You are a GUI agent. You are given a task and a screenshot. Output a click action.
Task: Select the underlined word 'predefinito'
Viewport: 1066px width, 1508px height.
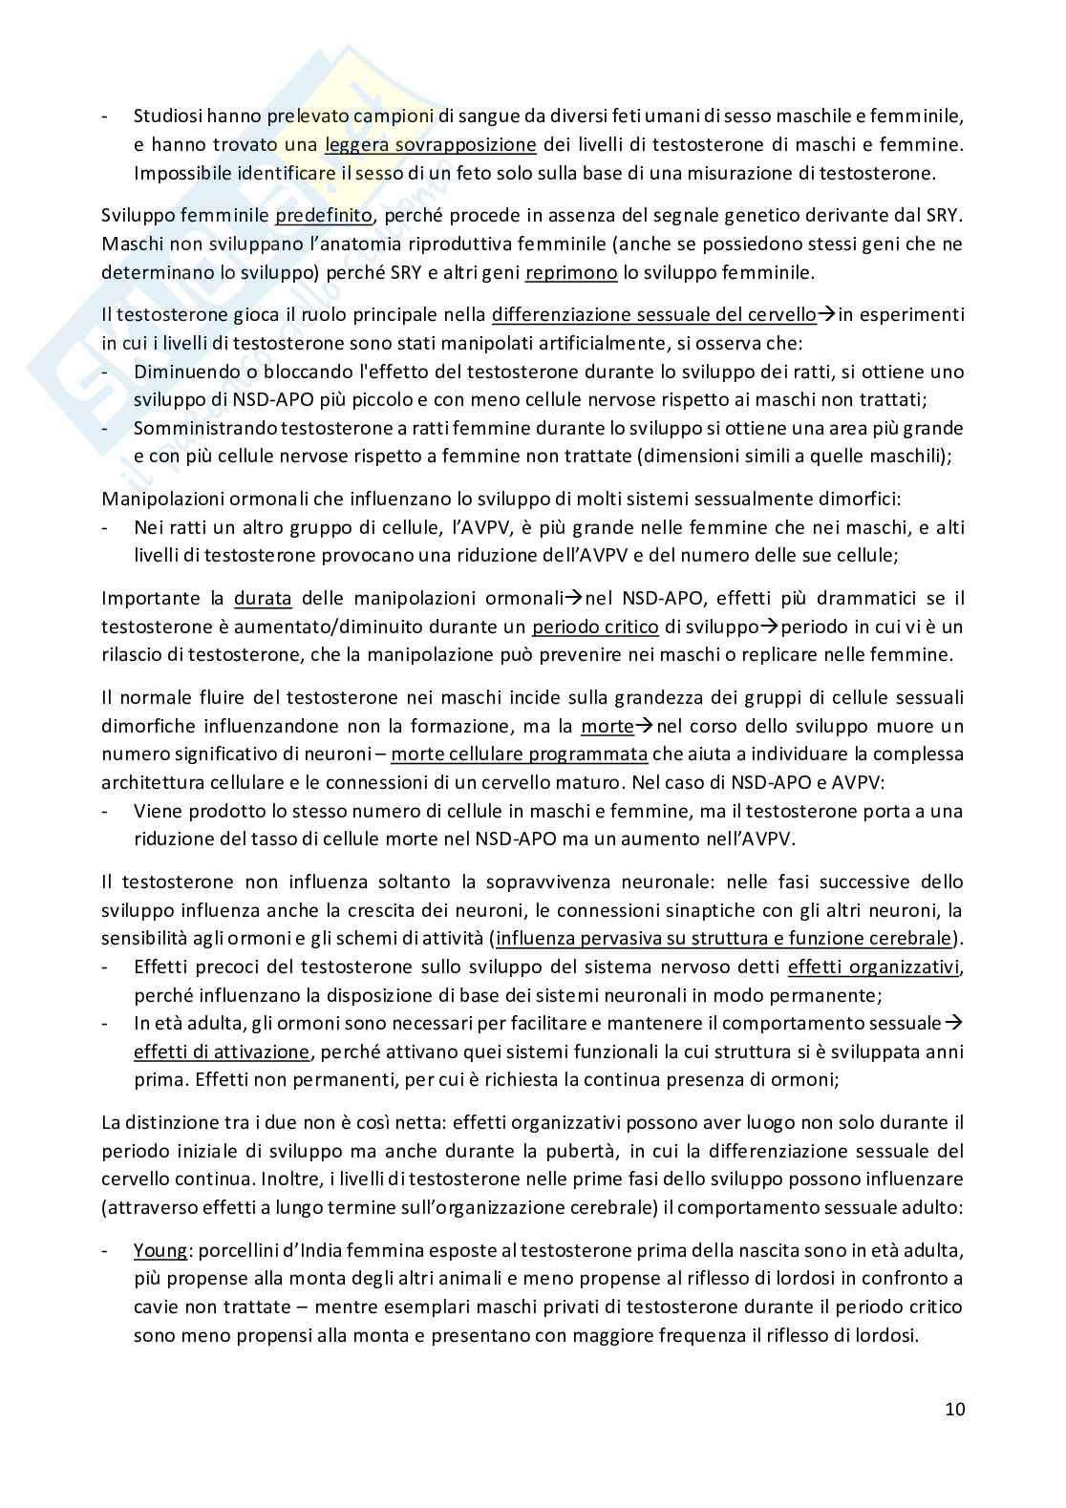point(323,216)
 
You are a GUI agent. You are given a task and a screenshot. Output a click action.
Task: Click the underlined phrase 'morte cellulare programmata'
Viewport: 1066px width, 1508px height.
point(519,754)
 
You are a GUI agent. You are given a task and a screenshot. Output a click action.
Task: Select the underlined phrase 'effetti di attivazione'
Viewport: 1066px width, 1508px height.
point(222,1051)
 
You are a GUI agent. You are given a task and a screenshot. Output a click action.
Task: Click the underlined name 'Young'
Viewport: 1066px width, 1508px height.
point(160,1250)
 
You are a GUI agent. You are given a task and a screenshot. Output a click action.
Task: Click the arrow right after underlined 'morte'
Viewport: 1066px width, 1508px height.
point(645,726)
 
